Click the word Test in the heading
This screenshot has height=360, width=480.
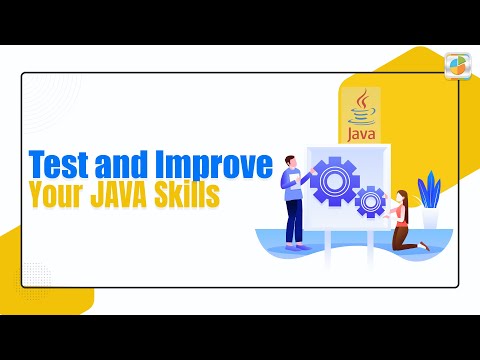point(56,163)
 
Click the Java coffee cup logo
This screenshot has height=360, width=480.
point(362,104)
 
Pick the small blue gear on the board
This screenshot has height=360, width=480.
point(370,201)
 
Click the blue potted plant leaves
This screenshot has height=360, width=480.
point(428,189)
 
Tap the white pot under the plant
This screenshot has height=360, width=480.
point(429,218)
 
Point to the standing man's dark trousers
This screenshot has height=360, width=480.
point(294,224)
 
